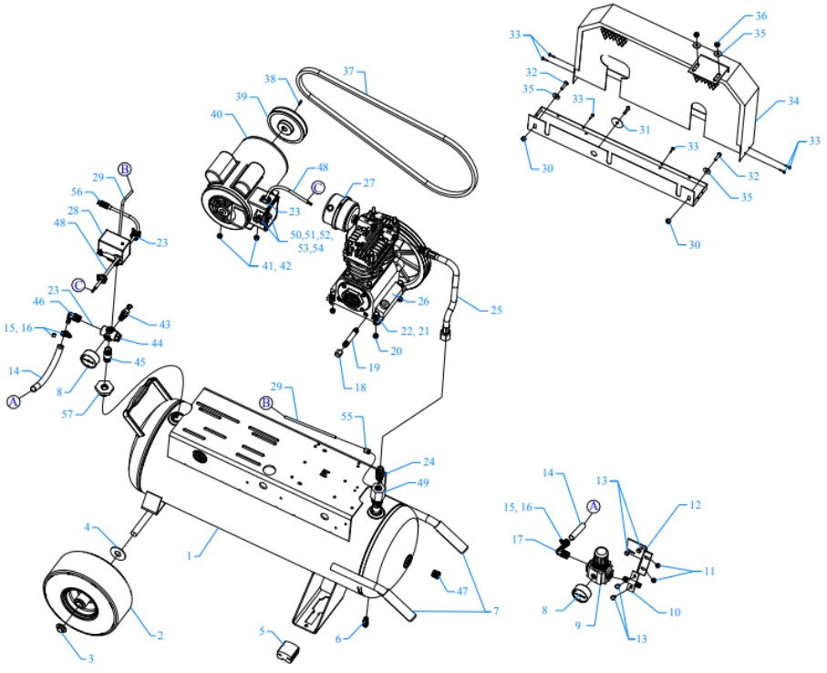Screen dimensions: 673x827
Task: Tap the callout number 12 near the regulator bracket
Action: (x=695, y=504)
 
